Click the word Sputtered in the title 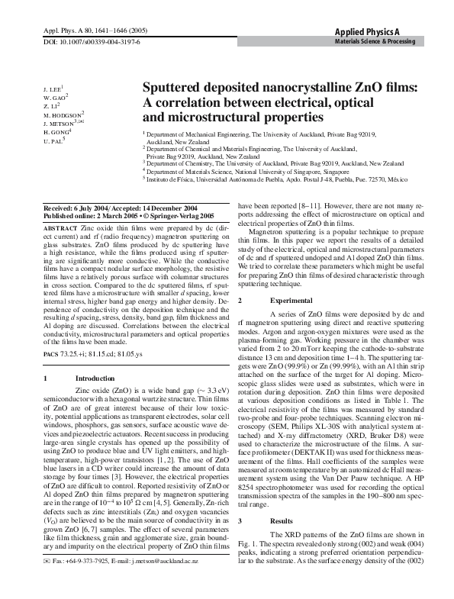tap(181, 89)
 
